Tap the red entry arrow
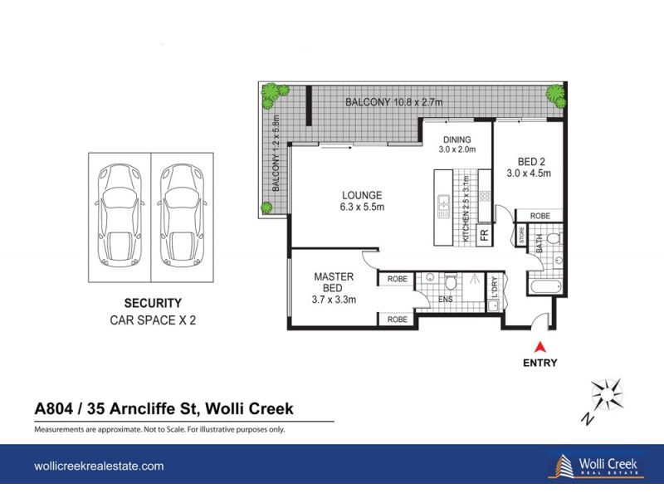pyautogui.click(x=541, y=347)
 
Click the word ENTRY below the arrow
pyautogui.click(x=541, y=363)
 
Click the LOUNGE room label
pyautogui.click(x=363, y=202)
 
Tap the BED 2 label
pyautogui.click(x=529, y=167)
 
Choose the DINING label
pyautogui.click(x=456, y=144)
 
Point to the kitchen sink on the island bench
pyautogui.click(x=443, y=202)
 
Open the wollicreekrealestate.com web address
pyautogui.click(x=98, y=466)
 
